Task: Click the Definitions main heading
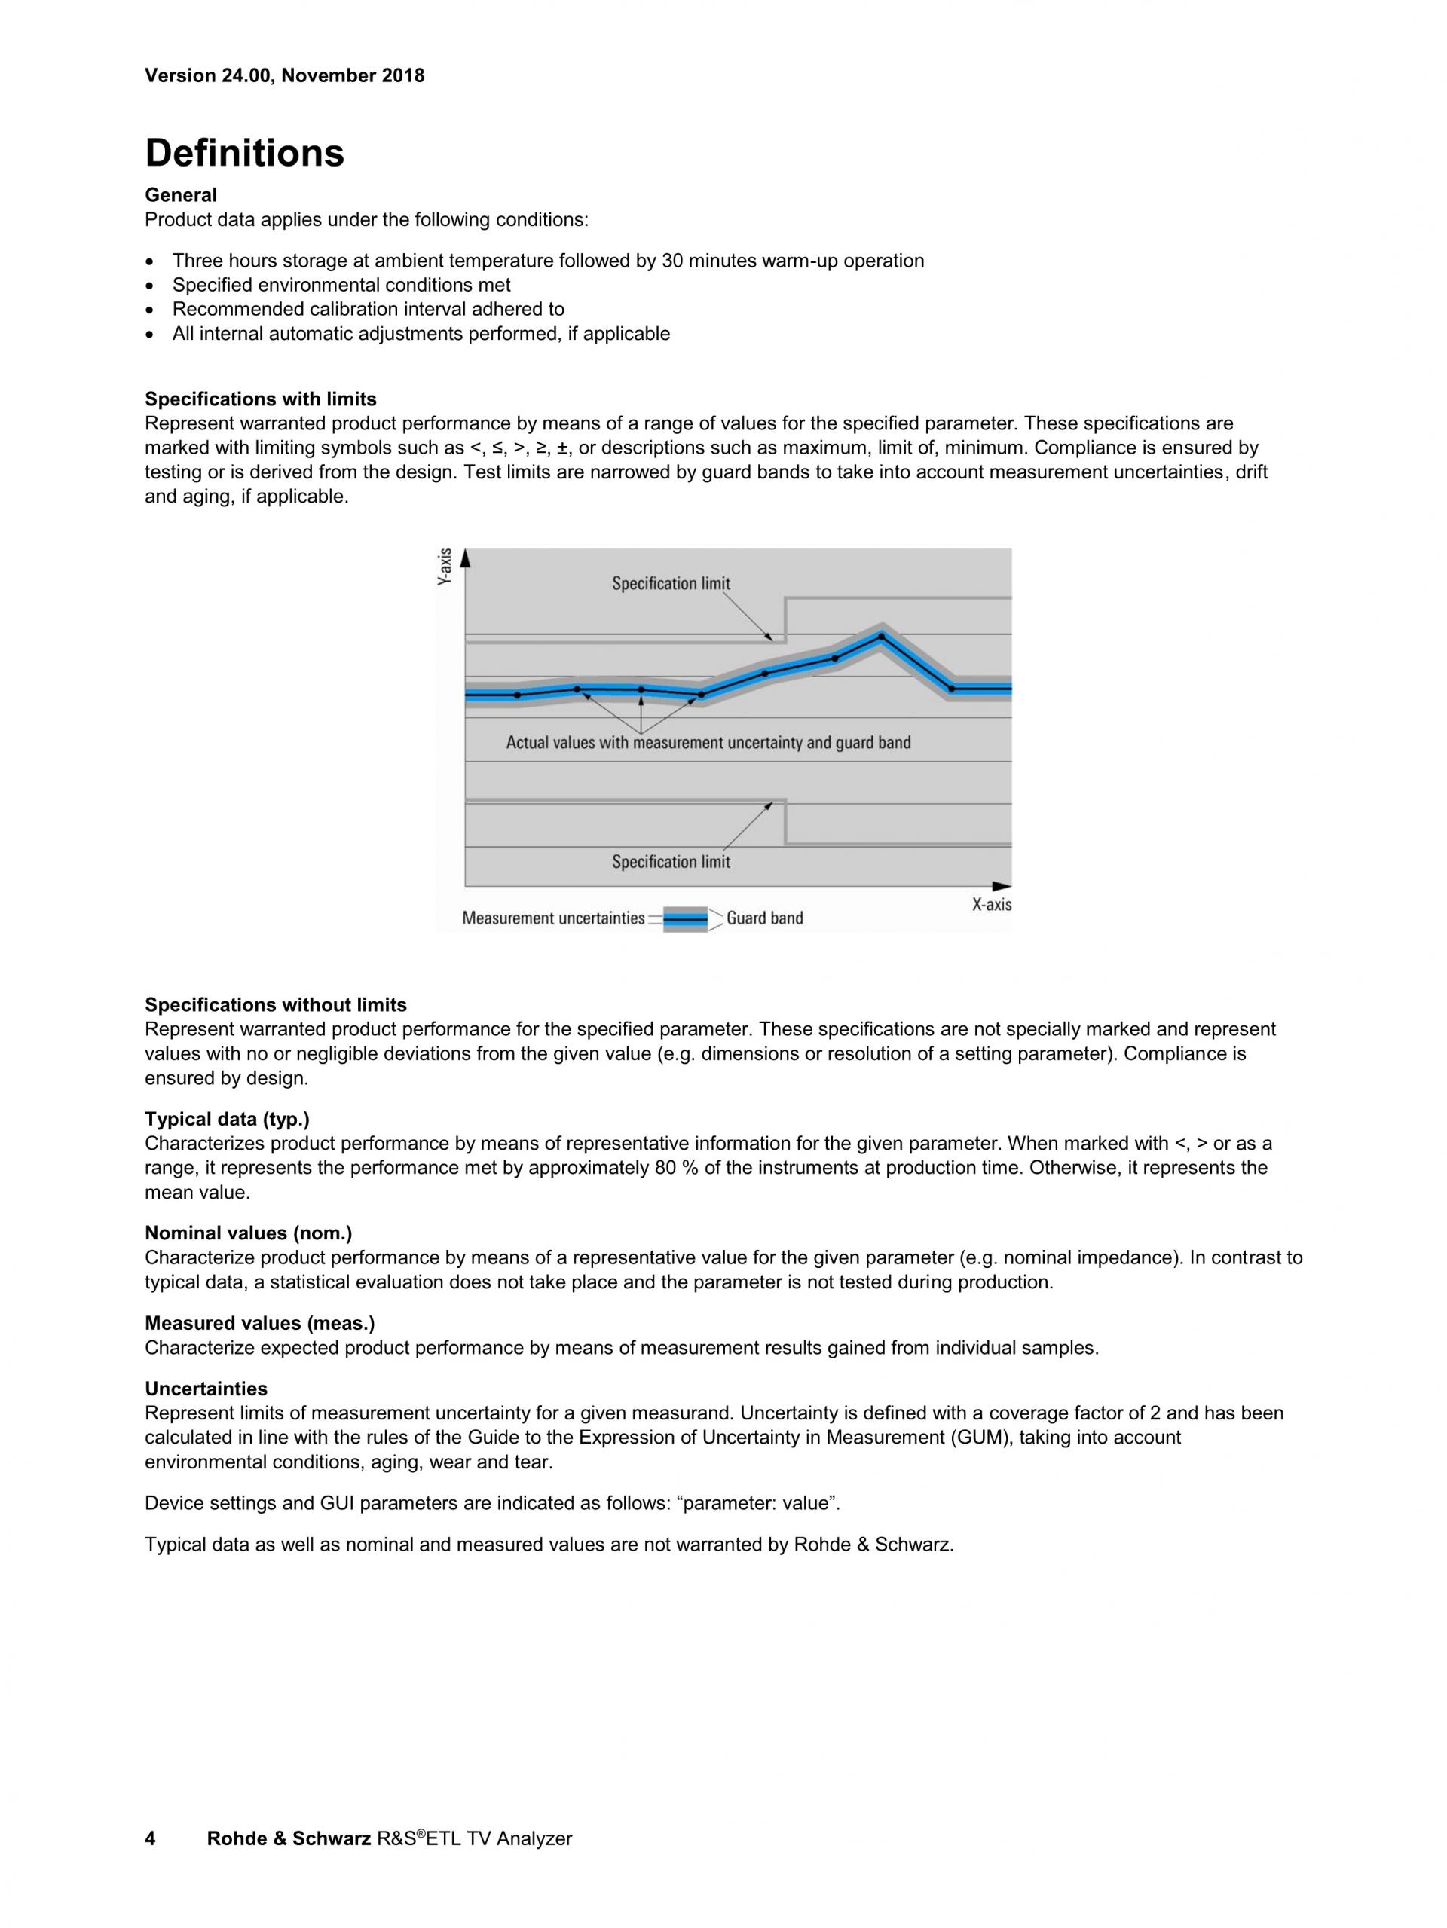click(x=244, y=154)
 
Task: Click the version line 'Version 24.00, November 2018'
click(x=284, y=76)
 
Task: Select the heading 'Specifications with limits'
click(x=261, y=399)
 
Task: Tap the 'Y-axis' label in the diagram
click(x=445, y=567)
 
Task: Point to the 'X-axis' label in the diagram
click(x=991, y=905)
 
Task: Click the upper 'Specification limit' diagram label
click(x=670, y=584)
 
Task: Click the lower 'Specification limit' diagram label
click(x=670, y=862)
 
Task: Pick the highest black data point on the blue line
click(x=880, y=637)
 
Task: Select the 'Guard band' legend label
click(x=764, y=918)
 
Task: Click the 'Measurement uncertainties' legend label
click(x=552, y=918)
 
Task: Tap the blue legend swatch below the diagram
click(x=685, y=918)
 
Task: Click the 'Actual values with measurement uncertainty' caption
click(x=708, y=743)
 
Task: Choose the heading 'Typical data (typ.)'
click(x=227, y=1118)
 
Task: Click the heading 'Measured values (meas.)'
click(x=260, y=1323)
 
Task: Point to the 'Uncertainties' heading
click(x=206, y=1389)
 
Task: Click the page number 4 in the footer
click(x=150, y=1838)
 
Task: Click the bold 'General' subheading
click(x=180, y=195)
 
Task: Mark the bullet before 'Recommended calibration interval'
click(x=152, y=310)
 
